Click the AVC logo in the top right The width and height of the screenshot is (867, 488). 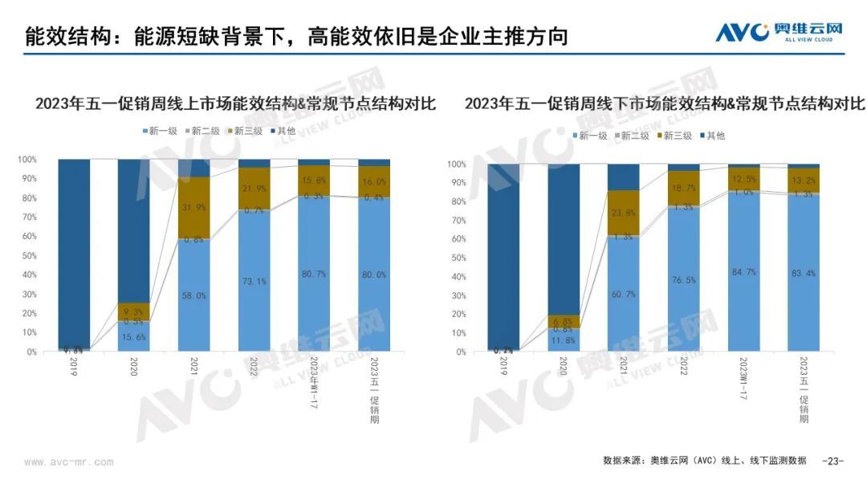pos(778,32)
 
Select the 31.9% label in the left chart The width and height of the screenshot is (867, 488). pos(194,207)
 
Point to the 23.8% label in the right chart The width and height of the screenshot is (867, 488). pos(624,213)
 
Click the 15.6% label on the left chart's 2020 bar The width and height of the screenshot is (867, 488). pos(135,336)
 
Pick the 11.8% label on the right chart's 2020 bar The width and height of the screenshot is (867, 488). pos(564,340)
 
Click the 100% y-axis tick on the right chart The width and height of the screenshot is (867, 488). pos(456,165)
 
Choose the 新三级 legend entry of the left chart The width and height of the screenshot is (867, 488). pos(244,131)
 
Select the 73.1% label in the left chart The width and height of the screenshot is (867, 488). pos(254,281)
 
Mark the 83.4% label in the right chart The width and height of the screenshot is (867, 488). pos(803,274)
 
